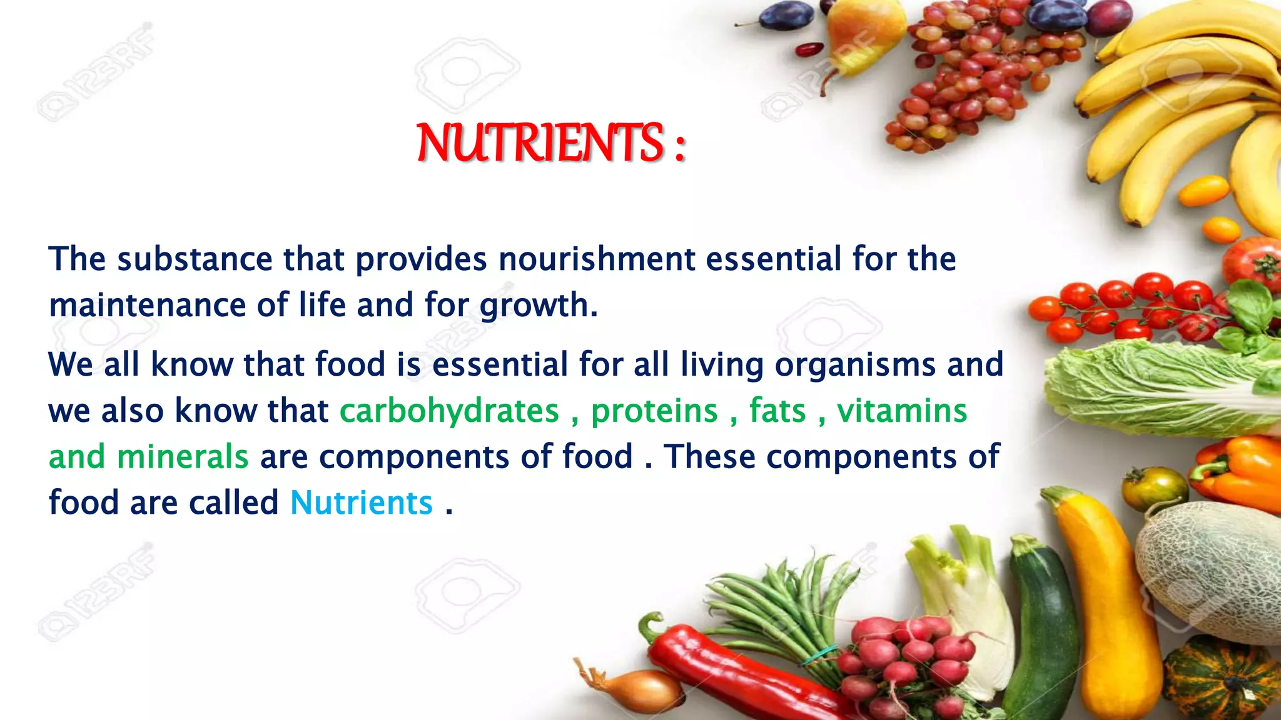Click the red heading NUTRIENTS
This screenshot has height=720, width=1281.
pos(539,143)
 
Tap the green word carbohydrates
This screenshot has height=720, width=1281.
pos(449,411)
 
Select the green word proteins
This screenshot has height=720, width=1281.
pos(654,411)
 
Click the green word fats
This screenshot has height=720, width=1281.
pos(777,411)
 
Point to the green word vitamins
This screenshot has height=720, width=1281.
pos(902,411)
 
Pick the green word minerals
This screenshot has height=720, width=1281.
pos(183,457)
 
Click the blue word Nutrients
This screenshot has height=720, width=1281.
pos(362,503)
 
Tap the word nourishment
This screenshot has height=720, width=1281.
pos(597,259)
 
